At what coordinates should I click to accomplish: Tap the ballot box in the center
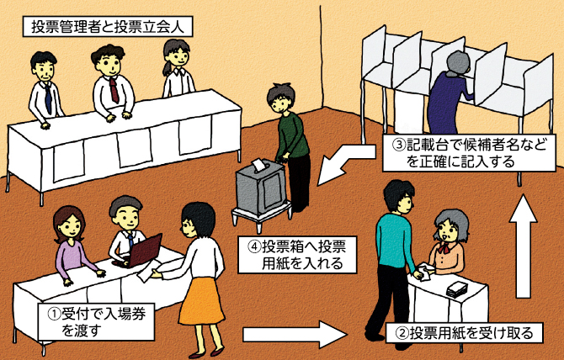coord(263,190)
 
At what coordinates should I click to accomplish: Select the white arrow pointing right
coord(294,333)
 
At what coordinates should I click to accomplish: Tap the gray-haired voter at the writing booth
coord(450,93)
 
